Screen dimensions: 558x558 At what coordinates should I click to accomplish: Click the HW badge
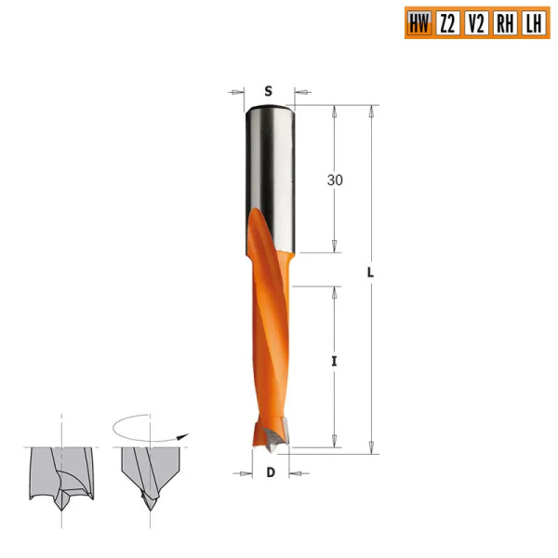[419, 23]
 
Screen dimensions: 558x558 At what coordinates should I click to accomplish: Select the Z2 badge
[448, 23]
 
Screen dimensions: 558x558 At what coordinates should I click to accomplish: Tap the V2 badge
[476, 23]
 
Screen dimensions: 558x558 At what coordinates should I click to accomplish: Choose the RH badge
[505, 23]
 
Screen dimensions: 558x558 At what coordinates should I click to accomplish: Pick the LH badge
[533, 23]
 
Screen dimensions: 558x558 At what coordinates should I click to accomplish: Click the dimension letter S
[268, 90]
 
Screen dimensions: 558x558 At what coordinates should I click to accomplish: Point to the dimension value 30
[336, 180]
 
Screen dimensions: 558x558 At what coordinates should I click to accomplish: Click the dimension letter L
[369, 272]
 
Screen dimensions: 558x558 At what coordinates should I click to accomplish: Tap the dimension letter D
[271, 472]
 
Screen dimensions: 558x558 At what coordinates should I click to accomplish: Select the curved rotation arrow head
[185, 434]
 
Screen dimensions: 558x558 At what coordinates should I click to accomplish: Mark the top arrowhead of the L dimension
[371, 111]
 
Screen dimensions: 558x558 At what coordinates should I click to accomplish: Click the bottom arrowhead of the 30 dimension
[335, 246]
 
